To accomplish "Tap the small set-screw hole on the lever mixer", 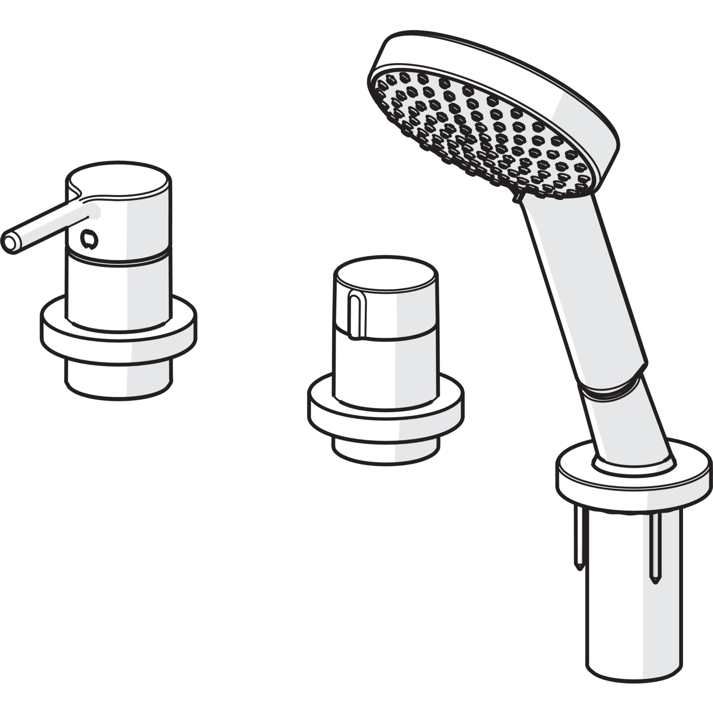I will tap(88, 238).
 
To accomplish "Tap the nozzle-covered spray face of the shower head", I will tap(480, 133).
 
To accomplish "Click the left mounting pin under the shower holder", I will tap(579, 542).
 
